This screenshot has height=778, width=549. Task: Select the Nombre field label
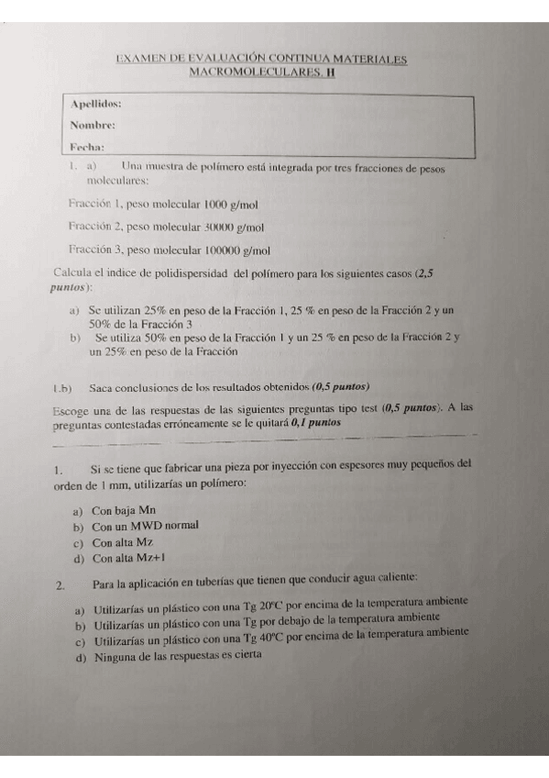pos(93,125)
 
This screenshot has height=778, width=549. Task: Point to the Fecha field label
pos(86,146)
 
